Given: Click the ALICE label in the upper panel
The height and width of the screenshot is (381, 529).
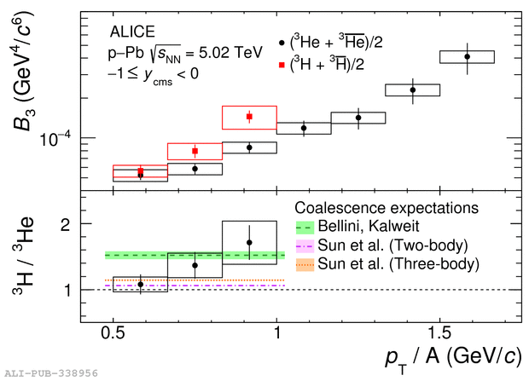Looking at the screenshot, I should click(132, 32).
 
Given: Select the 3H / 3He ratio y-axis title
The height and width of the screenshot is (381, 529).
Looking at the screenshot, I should click(20, 256).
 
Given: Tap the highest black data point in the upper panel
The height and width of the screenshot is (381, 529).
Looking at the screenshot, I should click(467, 57).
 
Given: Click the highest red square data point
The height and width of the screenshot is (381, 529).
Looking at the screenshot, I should click(249, 117).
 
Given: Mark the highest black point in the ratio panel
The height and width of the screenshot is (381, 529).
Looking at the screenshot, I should click(249, 243).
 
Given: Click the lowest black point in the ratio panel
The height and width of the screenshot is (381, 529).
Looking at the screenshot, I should click(140, 284).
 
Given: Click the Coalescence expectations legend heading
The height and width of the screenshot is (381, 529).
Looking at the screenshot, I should click(385, 208).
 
